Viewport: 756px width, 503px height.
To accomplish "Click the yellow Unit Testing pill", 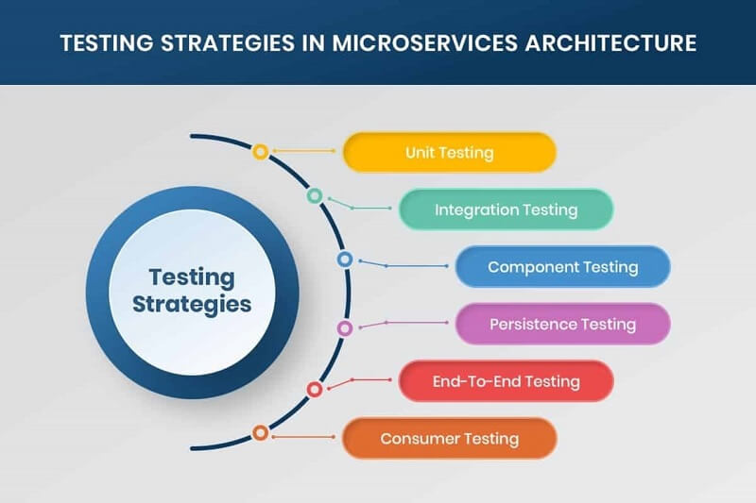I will (x=449, y=152).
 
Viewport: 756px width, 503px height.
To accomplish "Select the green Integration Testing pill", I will (x=506, y=210).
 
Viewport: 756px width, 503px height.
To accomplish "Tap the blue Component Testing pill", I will (x=562, y=267).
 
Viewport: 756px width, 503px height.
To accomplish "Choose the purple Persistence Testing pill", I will (x=562, y=324).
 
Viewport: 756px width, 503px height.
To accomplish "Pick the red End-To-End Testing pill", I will (x=506, y=381).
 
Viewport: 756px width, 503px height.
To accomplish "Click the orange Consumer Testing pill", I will (x=449, y=438).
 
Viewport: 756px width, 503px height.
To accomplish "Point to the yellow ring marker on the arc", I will (x=260, y=151).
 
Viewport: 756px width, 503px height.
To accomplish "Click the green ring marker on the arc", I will (x=315, y=196).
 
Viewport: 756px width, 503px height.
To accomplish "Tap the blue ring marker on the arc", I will (x=345, y=259).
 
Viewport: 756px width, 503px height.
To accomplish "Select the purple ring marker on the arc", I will (x=345, y=328).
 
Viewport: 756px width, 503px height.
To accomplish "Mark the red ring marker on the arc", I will (x=315, y=389).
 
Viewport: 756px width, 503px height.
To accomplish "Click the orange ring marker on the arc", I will (x=260, y=433).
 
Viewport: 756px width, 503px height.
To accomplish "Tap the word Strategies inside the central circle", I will (x=192, y=304).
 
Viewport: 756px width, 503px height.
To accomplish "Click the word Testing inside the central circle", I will (x=192, y=277).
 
